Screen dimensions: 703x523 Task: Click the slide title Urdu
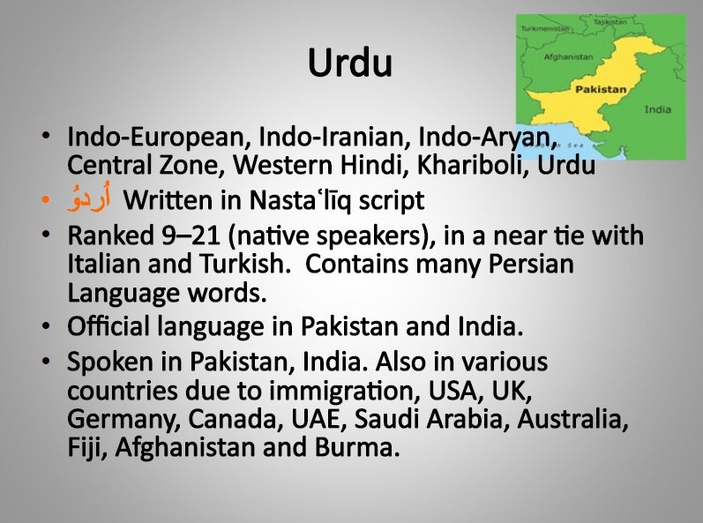coord(350,63)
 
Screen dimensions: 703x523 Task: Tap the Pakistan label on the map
coord(601,89)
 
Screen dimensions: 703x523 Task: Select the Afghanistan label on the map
coord(568,57)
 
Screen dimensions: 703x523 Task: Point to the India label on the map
coord(658,109)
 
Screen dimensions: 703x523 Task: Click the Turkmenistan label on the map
coord(544,28)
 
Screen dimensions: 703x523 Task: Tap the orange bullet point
coord(45,200)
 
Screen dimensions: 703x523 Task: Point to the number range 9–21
coord(191,235)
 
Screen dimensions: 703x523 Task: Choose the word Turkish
coord(243,264)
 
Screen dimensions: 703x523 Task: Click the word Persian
coord(530,264)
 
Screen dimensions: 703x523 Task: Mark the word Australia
coord(572,419)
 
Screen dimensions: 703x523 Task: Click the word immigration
coord(345,392)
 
